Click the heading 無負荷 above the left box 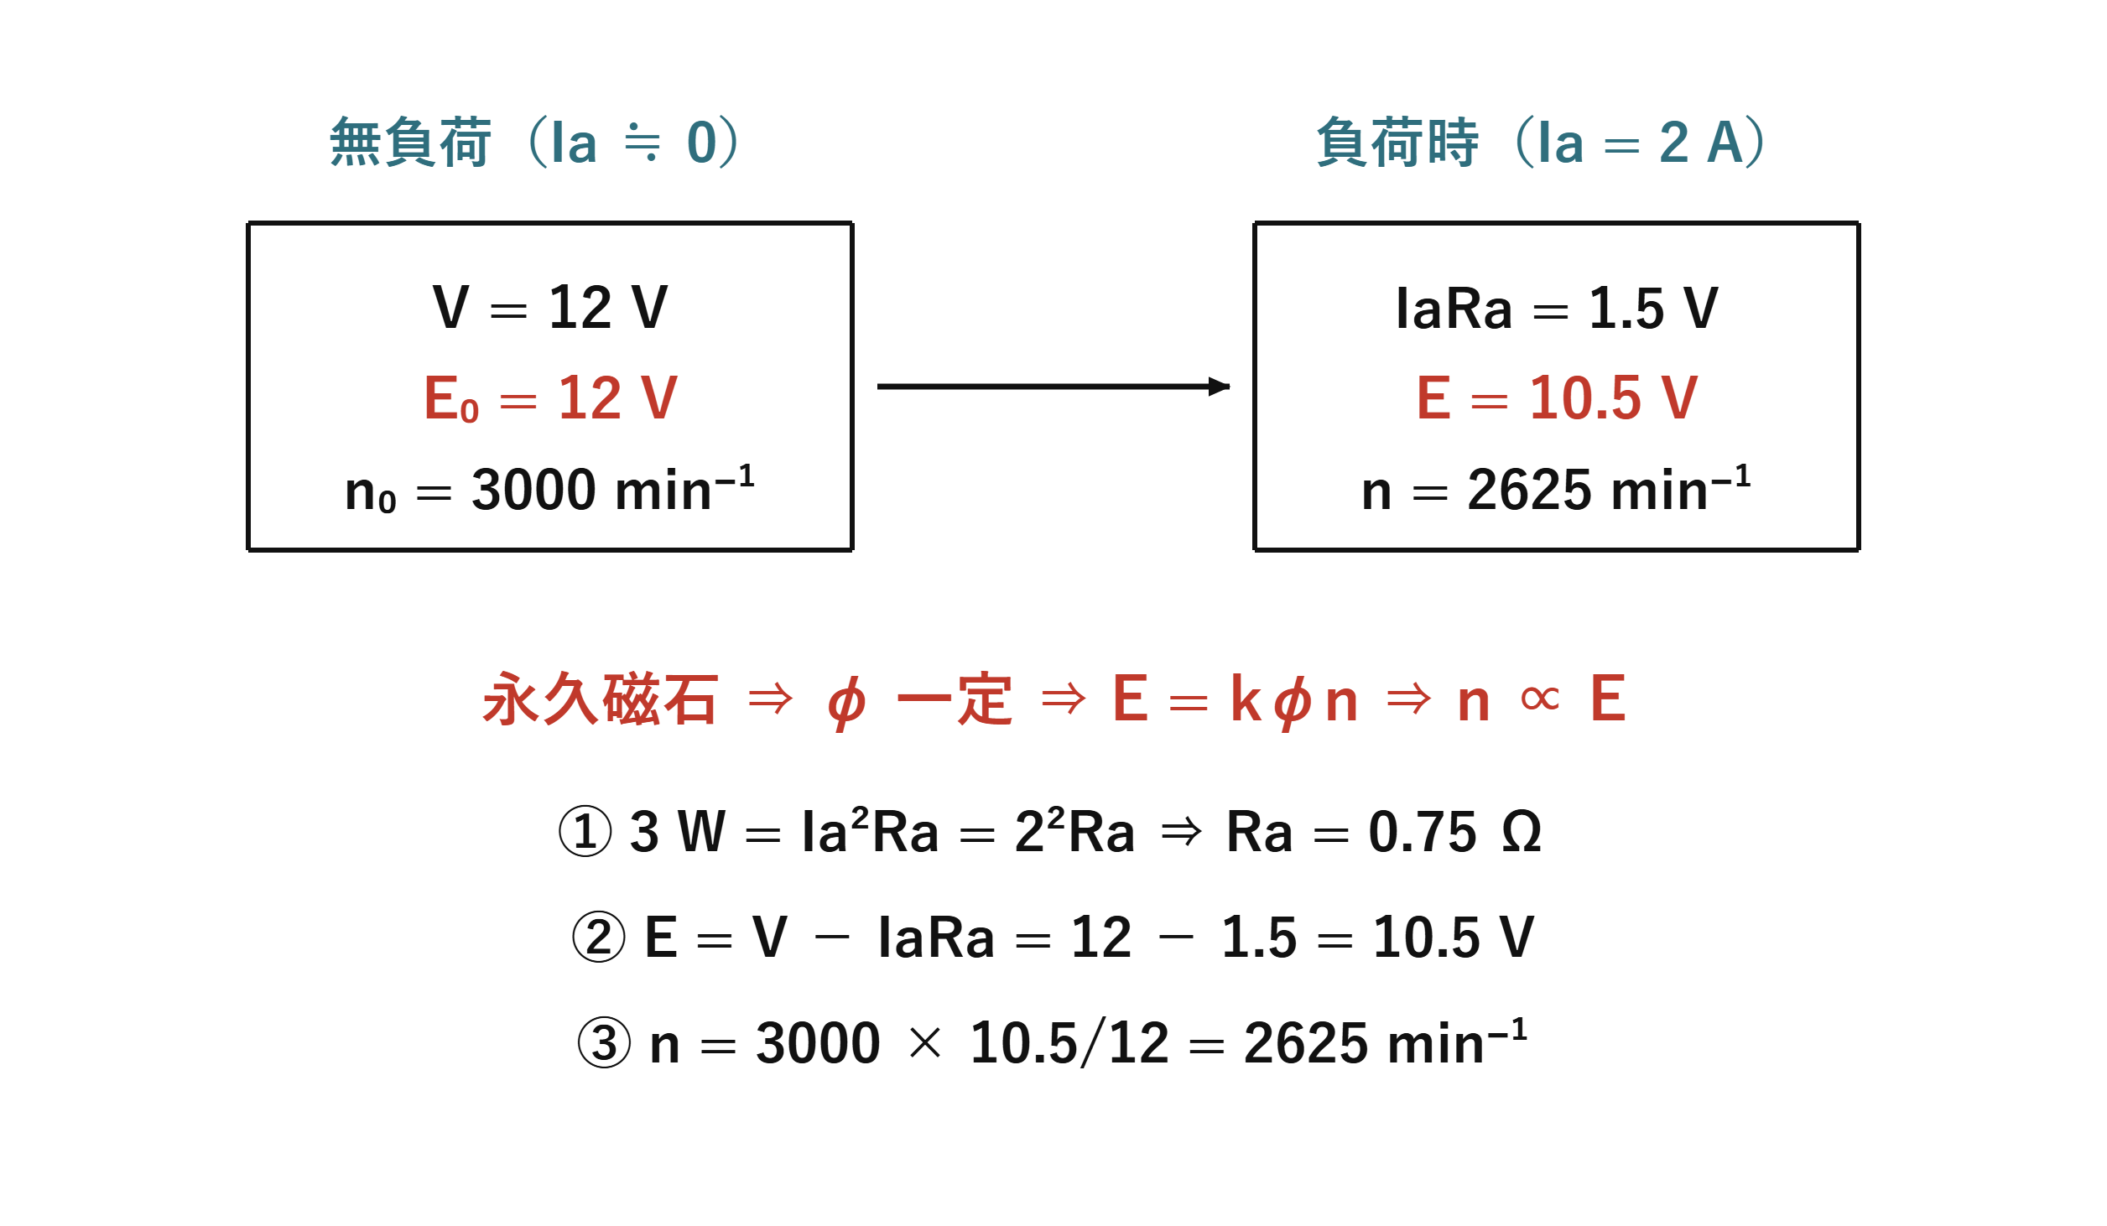[x=410, y=143]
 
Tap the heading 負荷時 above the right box [x=1397, y=143]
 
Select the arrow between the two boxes [x=1053, y=387]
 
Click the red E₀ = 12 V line [x=551, y=398]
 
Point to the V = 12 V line [x=550, y=307]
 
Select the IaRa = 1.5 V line [x=1557, y=308]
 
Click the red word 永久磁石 [x=601, y=699]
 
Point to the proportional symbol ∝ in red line [x=1540, y=698]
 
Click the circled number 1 [x=585, y=831]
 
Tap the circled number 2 [x=599, y=937]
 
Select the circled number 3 [x=604, y=1042]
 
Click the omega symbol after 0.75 [x=1522, y=832]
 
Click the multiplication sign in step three [x=925, y=1043]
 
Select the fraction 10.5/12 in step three [x=1069, y=1043]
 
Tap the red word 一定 [x=955, y=699]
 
